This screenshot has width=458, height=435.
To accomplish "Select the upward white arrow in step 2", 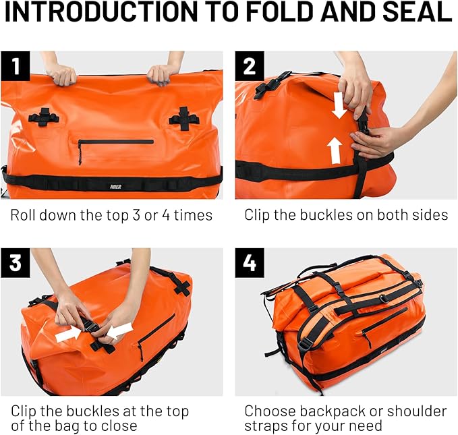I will pos(335,150).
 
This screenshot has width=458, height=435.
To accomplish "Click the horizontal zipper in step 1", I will pos(116,142).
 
